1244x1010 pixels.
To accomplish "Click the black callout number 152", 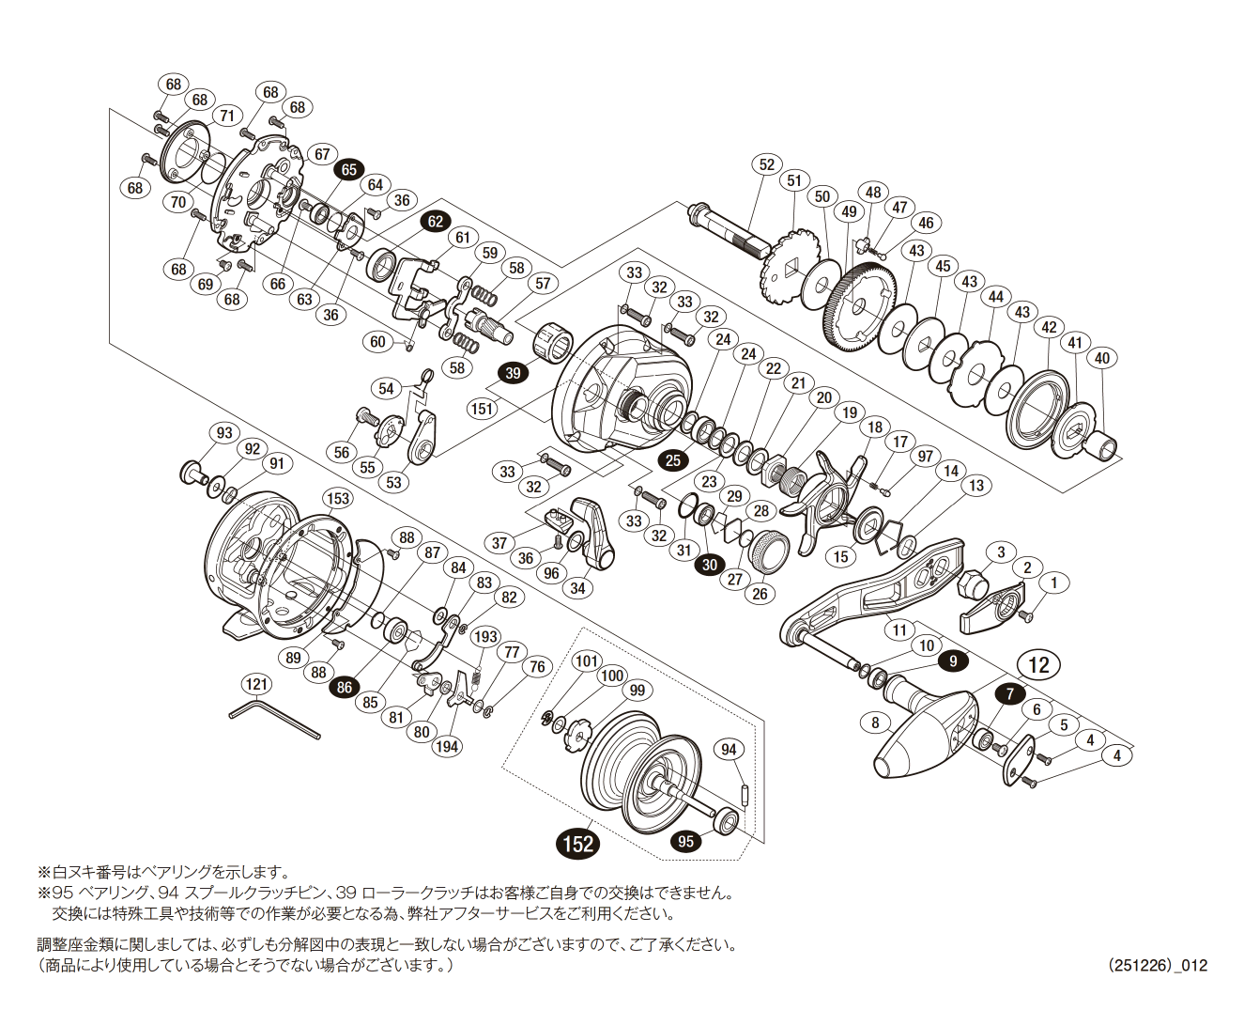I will (578, 843).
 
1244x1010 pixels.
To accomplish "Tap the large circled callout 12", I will (1038, 666).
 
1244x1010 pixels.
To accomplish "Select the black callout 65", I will (349, 169).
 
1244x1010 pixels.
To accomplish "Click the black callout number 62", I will (435, 222).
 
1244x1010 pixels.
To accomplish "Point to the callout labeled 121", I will (256, 685).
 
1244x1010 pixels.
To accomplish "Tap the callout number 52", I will (767, 164).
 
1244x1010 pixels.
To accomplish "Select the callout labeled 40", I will (1102, 358).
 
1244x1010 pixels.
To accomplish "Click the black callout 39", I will (513, 373).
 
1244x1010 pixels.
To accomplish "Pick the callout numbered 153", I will (337, 499).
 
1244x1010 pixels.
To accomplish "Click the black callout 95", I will (686, 841).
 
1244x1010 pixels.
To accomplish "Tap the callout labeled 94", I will (730, 749).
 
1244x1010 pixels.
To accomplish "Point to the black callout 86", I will (345, 687).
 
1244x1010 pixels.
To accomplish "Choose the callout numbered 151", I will (483, 409).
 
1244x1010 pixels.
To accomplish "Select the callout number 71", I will (226, 116).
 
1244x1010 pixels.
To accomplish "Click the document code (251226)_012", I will (1157, 965).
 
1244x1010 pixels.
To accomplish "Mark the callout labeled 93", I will (224, 433).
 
